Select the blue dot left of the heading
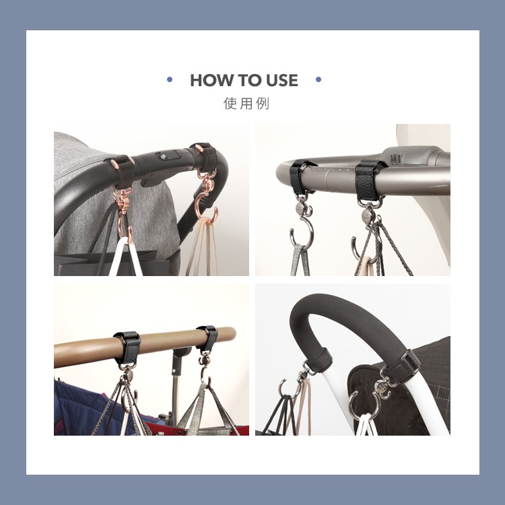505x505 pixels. pos(170,79)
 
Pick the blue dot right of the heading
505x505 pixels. pos(318,79)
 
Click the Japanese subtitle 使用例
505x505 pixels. pos(246,104)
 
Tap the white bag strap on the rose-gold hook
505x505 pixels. pos(127,257)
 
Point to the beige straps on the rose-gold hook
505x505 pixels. pos(203,247)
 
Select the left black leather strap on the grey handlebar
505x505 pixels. pos(300,176)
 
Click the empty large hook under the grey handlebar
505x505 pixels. pos(301,231)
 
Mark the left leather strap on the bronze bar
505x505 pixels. pos(127,349)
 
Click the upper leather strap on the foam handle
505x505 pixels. pos(319,359)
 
